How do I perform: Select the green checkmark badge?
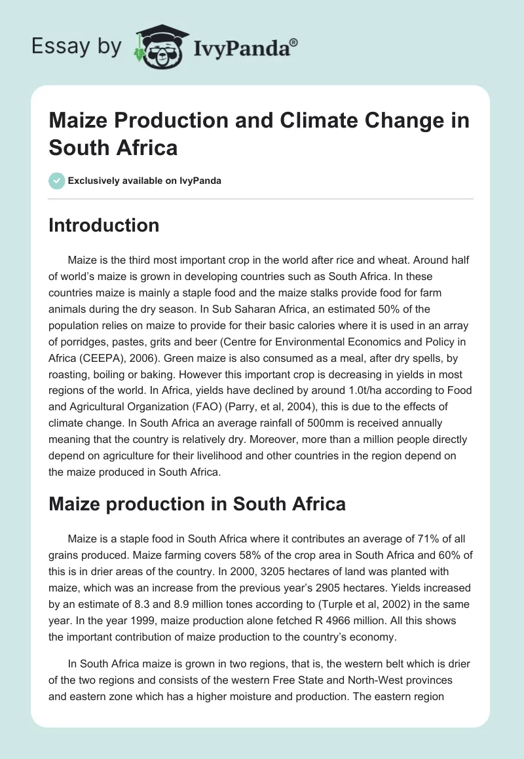click(x=57, y=181)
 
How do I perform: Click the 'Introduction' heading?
click(x=103, y=226)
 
